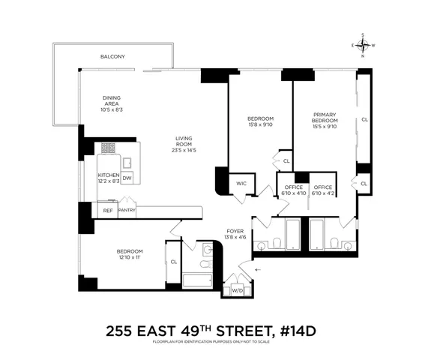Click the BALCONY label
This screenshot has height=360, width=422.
click(114, 57)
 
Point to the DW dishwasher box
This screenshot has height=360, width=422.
click(127, 178)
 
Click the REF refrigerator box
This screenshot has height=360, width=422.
click(108, 211)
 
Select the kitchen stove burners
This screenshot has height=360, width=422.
click(109, 148)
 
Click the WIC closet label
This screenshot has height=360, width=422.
click(241, 182)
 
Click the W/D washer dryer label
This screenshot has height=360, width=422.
click(238, 289)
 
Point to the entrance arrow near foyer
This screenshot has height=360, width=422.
click(259, 268)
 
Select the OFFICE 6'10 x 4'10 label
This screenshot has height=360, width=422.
click(291, 190)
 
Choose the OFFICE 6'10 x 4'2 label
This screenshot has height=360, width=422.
click(323, 190)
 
